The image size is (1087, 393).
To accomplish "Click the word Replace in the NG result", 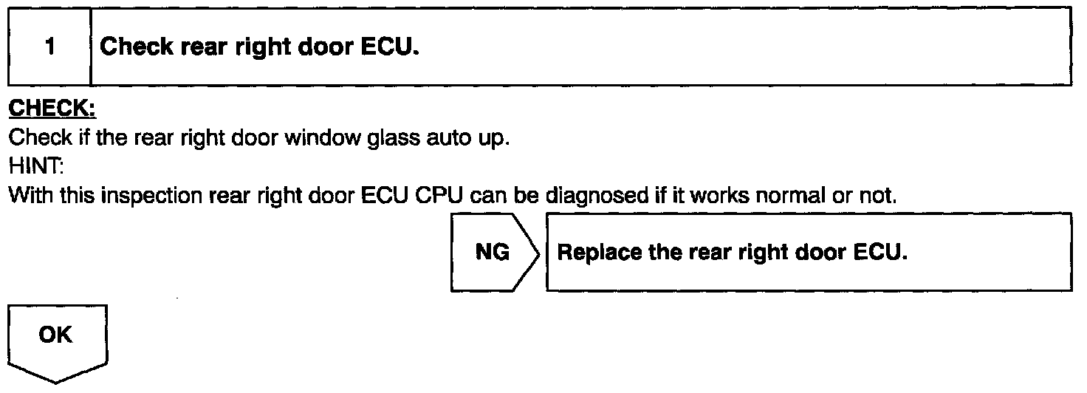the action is click(x=594, y=253).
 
